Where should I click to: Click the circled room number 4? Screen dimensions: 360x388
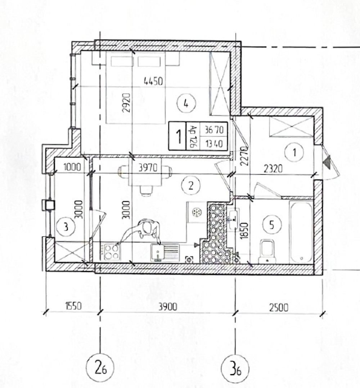point(186,104)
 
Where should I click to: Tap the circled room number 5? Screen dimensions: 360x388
point(272,225)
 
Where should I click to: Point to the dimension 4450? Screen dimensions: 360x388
point(153,81)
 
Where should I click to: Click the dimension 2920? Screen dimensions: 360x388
point(126,102)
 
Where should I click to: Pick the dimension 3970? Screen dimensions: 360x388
point(148,168)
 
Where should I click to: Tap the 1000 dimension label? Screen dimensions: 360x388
point(72,167)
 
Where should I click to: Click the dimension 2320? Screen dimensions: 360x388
point(273,169)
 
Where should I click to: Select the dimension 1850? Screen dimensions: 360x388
point(244,230)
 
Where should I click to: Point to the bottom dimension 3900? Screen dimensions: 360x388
point(168,307)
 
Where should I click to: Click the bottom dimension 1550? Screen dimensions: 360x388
point(73,306)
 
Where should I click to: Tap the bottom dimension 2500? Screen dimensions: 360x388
point(279,307)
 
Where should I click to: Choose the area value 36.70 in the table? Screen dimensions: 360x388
point(214,129)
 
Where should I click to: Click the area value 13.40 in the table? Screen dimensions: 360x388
point(214,143)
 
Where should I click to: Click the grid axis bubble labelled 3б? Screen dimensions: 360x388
point(235,369)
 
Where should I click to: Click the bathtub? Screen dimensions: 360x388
point(301,232)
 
